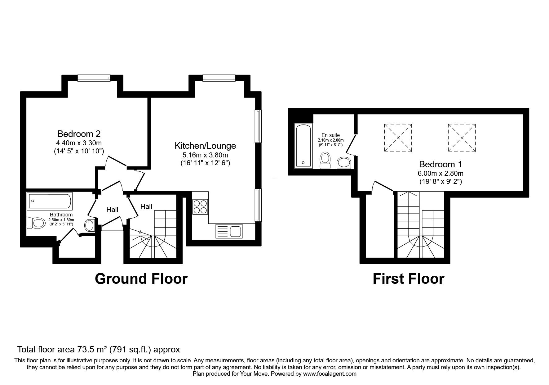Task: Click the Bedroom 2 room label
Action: click(x=79, y=134)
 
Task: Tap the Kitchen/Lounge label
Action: click(x=205, y=146)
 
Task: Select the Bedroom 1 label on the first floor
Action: click(x=440, y=164)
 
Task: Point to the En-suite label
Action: click(x=330, y=135)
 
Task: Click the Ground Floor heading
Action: click(x=141, y=279)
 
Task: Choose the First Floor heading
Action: click(x=408, y=279)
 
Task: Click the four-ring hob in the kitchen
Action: click(x=200, y=207)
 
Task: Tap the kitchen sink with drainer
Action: click(x=229, y=231)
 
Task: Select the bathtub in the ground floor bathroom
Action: click(x=50, y=201)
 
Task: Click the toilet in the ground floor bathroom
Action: click(x=35, y=223)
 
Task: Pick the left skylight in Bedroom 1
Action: click(x=398, y=138)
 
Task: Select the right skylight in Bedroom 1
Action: click(x=462, y=138)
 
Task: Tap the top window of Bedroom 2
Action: click(x=94, y=78)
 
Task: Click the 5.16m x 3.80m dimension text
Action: click(x=205, y=155)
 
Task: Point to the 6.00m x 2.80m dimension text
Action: click(x=441, y=174)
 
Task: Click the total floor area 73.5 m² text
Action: click(x=99, y=350)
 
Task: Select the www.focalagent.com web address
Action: click(x=330, y=374)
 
